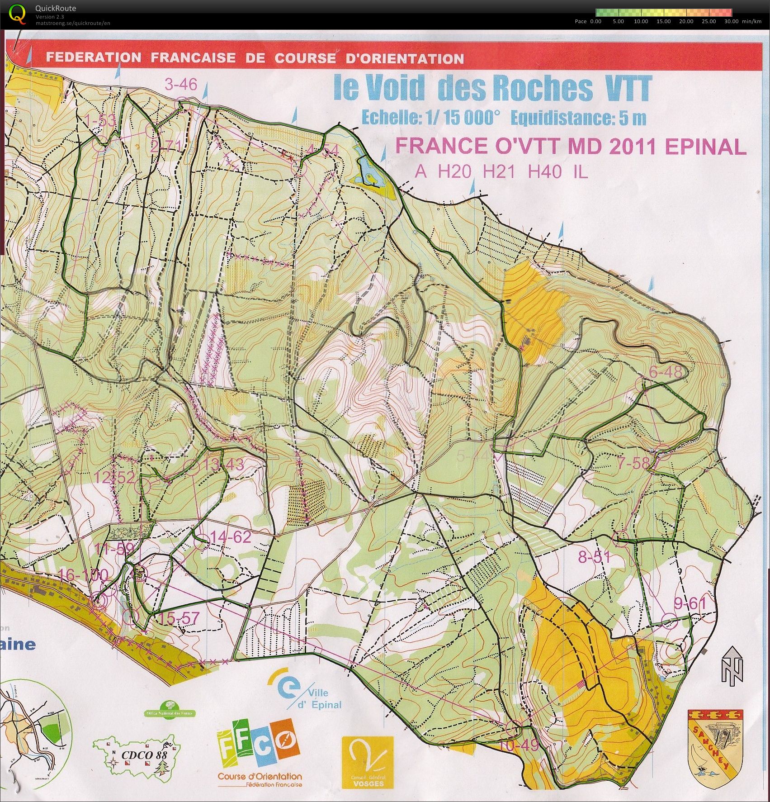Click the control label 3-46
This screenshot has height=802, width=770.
pos(181,85)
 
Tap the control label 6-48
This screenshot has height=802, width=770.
pos(665,372)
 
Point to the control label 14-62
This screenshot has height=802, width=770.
pos(230,537)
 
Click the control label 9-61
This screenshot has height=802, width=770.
pos(690,603)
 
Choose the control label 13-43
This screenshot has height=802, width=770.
pos(223,464)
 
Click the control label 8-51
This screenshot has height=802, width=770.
pos(594,557)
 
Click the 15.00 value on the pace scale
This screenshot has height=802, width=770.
pos(663,21)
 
